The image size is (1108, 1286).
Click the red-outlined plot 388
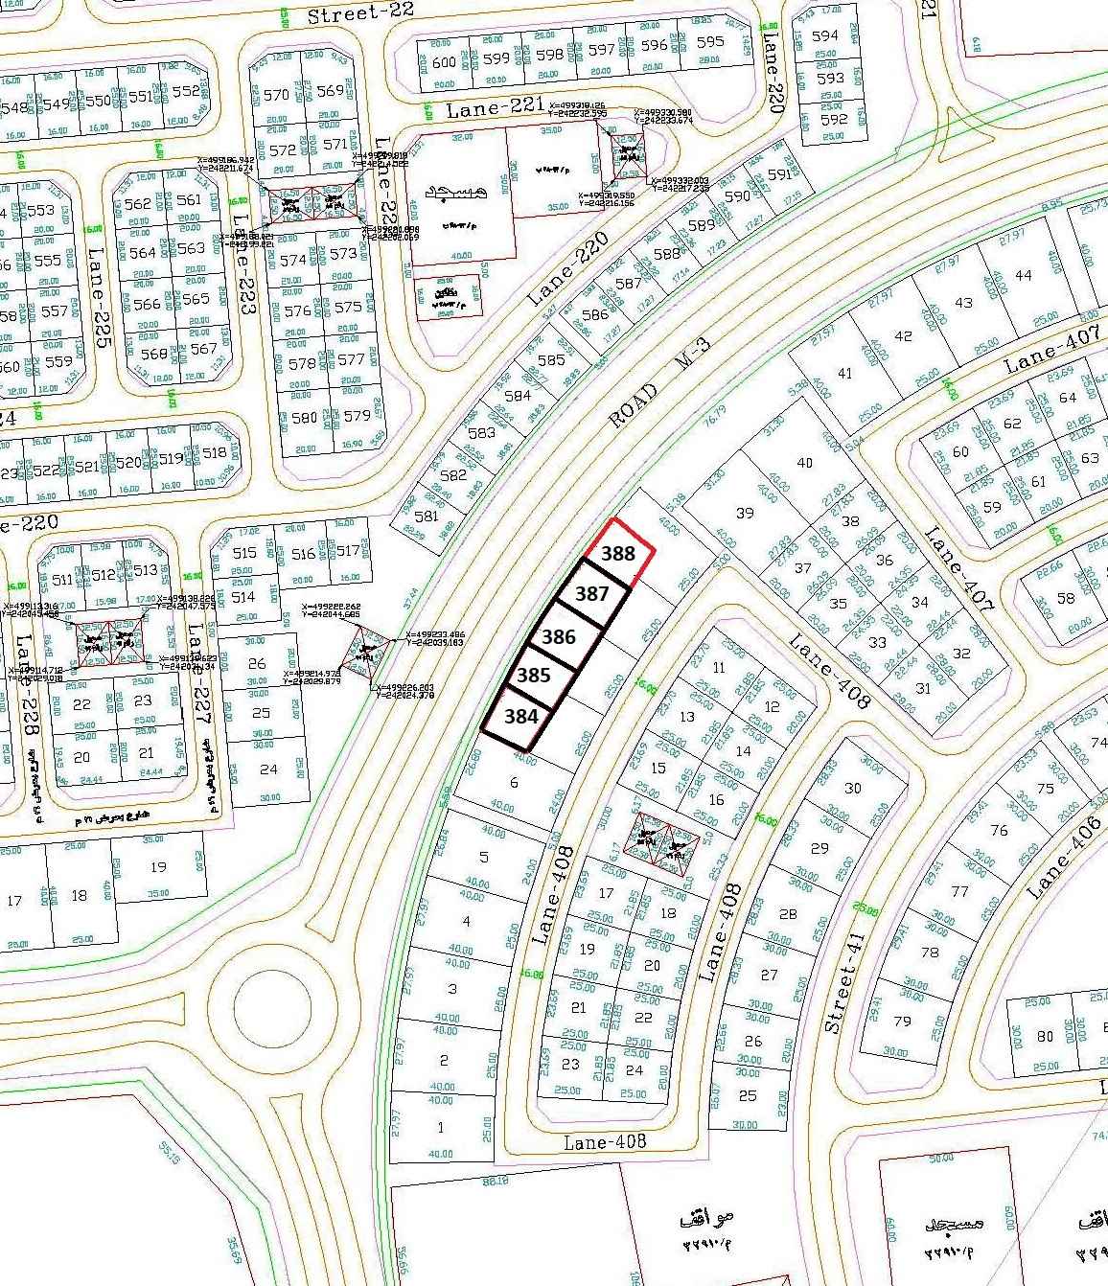pos(618,554)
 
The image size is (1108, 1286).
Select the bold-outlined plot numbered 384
pos(520,716)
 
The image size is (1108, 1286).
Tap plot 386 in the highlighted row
pos(559,636)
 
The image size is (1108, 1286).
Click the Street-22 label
pos(347,13)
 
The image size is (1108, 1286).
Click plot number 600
pos(444,62)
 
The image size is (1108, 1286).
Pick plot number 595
pos(710,42)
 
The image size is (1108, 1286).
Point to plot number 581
pos(427,517)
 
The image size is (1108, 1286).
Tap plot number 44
pos(1023,276)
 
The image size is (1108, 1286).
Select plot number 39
pos(744,513)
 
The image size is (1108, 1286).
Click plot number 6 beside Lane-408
pos(515,782)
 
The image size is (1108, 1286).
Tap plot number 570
pos(276,95)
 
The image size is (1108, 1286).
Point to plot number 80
pos(1045,1036)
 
